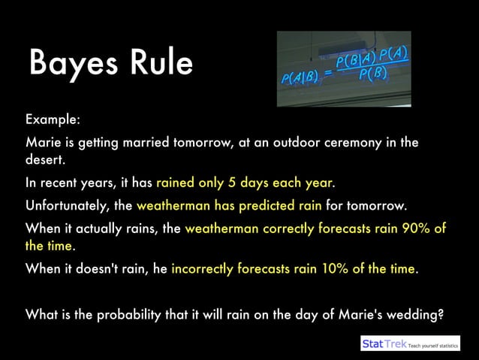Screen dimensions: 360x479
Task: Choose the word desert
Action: point(44,159)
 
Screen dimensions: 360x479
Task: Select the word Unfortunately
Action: point(68,205)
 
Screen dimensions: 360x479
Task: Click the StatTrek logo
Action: point(383,344)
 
